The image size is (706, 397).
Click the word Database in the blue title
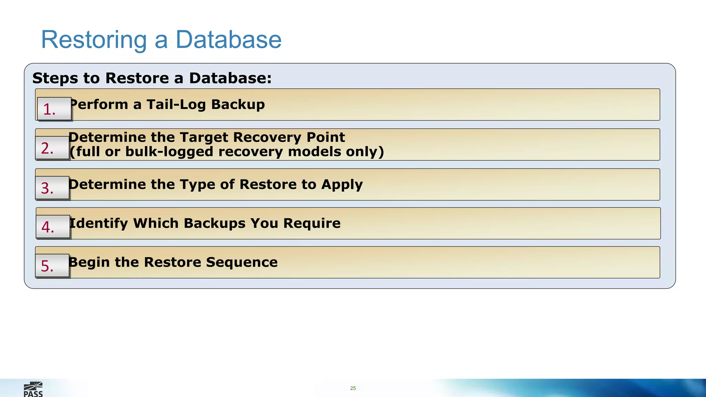[229, 40]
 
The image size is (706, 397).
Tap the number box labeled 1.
[54, 109]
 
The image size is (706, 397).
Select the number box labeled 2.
[52, 148]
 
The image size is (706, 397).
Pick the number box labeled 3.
[52, 188]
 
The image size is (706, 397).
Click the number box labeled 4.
[53, 227]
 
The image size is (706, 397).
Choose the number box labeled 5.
[52, 266]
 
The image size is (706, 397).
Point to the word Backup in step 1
[238, 104]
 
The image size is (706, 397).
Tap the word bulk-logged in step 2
[169, 152]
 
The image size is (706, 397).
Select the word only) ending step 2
[365, 152]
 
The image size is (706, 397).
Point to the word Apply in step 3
[342, 185]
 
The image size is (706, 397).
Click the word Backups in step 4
[214, 223]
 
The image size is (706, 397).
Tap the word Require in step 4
[312, 223]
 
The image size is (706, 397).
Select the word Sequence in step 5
[242, 262]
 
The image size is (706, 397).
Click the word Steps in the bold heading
[55, 78]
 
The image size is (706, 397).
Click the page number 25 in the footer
[353, 388]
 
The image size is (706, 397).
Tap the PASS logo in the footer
[33, 389]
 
